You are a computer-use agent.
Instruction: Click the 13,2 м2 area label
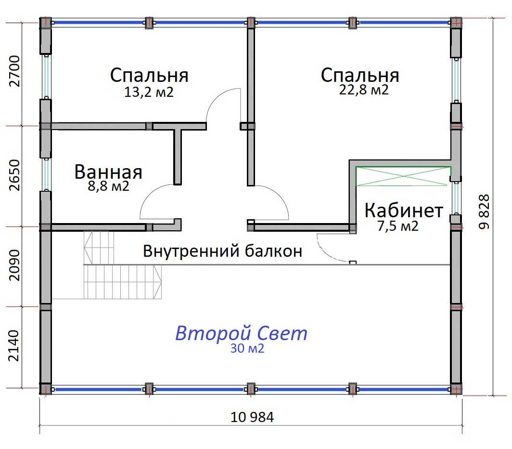click(149, 92)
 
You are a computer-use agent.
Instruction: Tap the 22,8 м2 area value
click(364, 89)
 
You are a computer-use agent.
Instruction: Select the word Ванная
click(108, 172)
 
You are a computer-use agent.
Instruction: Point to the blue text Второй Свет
click(241, 333)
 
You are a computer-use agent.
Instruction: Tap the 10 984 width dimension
click(252, 417)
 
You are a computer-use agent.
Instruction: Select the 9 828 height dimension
click(484, 211)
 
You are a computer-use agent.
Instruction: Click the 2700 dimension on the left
click(15, 71)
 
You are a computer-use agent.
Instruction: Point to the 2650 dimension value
click(15, 175)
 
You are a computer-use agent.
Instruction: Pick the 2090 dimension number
click(15, 265)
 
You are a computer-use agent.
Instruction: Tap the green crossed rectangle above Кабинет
click(403, 176)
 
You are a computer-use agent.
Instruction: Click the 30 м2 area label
click(247, 349)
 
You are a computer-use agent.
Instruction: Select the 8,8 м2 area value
click(108, 186)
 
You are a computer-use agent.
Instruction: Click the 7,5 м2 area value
click(397, 226)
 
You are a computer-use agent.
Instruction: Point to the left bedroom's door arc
click(216, 97)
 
